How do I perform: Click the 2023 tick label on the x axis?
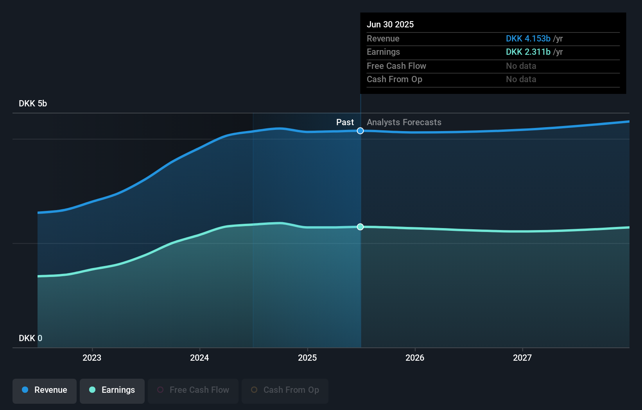click(x=92, y=358)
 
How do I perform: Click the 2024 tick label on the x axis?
click(x=199, y=358)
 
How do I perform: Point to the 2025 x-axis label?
click(x=307, y=358)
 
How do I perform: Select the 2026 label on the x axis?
click(x=415, y=358)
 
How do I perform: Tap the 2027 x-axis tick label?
click(x=522, y=358)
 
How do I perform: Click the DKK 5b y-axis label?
click(x=33, y=104)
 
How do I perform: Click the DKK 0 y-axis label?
click(x=30, y=338)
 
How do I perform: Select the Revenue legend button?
click(x=45, y=390)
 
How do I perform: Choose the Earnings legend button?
click(x=112, y=390)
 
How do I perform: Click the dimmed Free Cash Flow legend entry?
click(x=193, y=390)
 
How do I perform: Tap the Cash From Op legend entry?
click(x=285, y=390)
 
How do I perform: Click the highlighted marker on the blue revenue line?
click(x=360, y=131)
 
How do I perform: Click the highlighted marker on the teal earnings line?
click(x=360, y=227)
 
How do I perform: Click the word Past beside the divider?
click(x=345, y=122)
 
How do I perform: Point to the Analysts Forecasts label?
click(x=404, y=122)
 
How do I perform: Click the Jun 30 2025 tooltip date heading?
click(x=390, y=24)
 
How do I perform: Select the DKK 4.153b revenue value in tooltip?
click(x=528, y=39)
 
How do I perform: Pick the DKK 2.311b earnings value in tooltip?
click(x=528, y=52)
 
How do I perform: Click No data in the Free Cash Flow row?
click(x=521, y=66)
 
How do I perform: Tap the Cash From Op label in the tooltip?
click(x=394, y=79)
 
